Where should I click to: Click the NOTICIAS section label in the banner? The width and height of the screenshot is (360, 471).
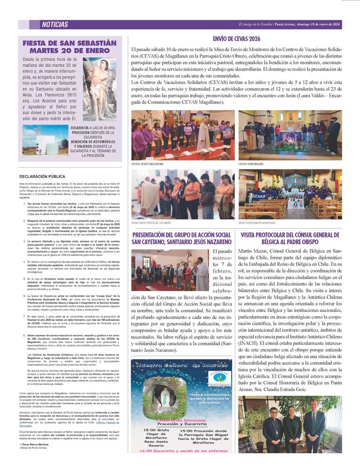click(x=55, y=25)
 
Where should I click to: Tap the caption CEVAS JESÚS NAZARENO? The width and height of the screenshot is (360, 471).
click(x=147, y=164)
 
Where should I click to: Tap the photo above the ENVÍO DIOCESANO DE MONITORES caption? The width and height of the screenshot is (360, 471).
click(x=290, y=194)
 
